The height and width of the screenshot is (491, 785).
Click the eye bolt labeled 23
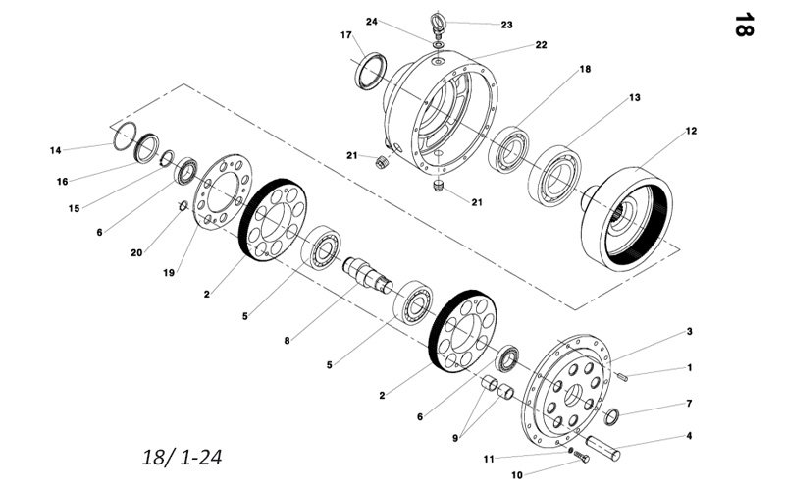437,27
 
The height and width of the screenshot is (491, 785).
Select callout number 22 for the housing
542,45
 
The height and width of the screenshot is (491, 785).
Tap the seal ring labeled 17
371,70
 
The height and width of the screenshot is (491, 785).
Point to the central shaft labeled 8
368,274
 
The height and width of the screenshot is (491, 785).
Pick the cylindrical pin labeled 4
603,448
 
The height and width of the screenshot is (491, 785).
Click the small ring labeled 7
611,416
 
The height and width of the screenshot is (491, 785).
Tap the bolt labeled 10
581,457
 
